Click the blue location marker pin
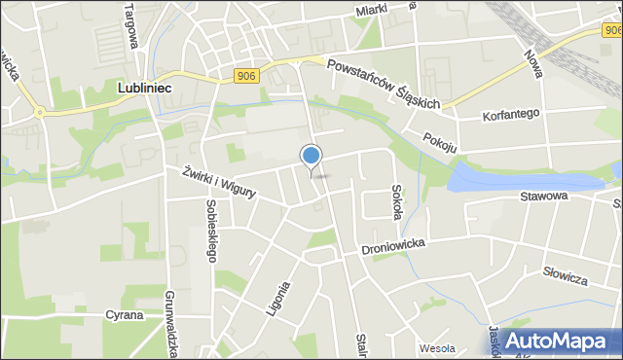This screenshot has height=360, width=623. (311, 157)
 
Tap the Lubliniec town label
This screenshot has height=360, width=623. (145, 88)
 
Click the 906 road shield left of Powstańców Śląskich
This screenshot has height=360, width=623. (246, 75)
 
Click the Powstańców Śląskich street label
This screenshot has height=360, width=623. (385, 85)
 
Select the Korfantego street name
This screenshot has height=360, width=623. (511, 115)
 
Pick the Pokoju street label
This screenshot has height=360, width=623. (440, 141)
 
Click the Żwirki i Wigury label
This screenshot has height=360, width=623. (219, 182)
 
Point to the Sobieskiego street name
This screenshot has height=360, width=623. (211, 230)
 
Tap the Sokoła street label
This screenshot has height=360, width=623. (396, 201)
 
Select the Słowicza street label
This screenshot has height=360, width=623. (566, 277)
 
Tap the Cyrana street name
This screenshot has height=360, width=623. (126, 315)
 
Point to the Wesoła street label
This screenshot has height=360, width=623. (437, 347)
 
